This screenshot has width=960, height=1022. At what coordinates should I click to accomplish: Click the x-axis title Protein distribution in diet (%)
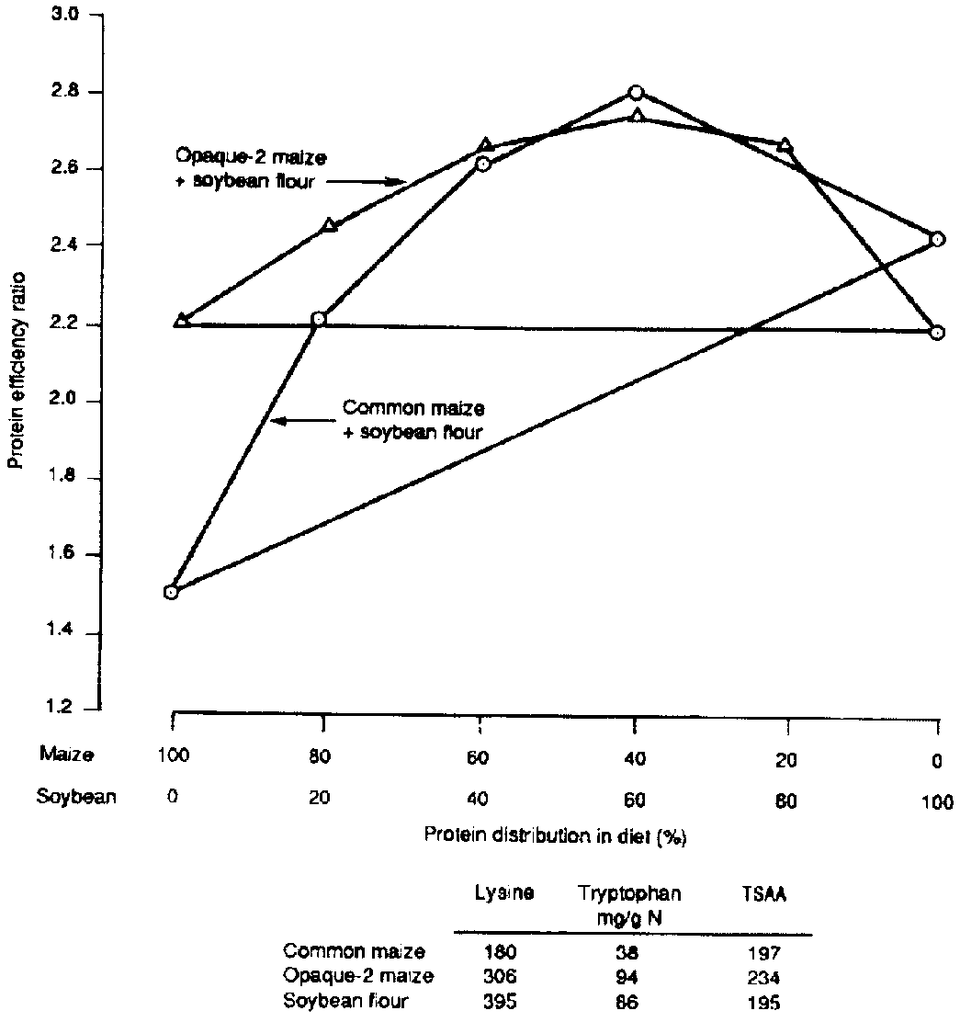pyautogui.click(x=556, y=835)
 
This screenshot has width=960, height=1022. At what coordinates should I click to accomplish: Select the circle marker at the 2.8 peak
pyautogui.click(x=636, y=92)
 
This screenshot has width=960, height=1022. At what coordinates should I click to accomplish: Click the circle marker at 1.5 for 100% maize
pyautogui.click(x=171, y=592)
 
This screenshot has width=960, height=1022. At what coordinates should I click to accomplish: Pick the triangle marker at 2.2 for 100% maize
pyautogui.click(x=181, y=321)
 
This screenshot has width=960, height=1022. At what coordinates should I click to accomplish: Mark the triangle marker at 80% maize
pyautogui.click(x=330, y=225)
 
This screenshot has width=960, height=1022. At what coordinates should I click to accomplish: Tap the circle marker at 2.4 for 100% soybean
pyautogui.click(x=937, y=240)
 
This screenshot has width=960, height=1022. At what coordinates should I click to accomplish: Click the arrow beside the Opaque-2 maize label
pyautogui.click(x=367, y=182)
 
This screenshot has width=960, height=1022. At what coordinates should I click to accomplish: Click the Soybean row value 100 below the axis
pyautogui.click(x=936, y=798)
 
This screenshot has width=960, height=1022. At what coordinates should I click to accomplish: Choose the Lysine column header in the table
pyautogui.click(x=503, y=893)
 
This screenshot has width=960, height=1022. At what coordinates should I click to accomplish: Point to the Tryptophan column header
pyautogui.click(x=629, y=893)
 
